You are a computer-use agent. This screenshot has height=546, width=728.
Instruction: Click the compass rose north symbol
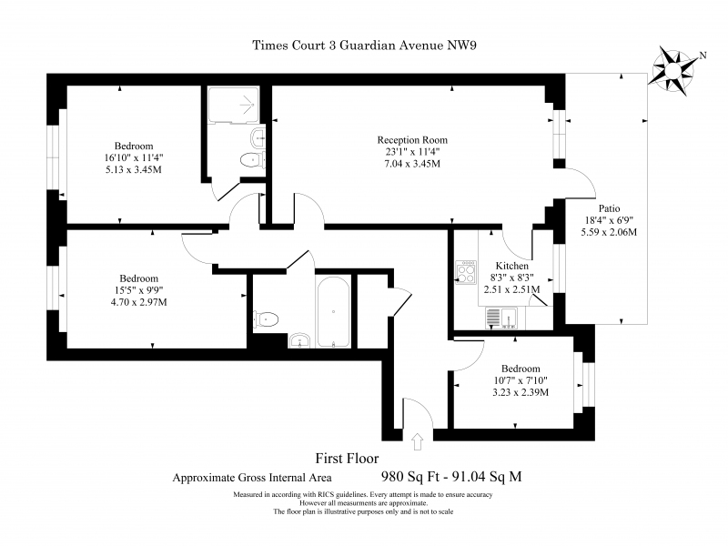point(672,71)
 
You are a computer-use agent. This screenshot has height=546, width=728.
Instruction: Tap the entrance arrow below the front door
point(418,441)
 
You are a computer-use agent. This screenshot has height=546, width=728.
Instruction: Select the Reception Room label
point(412,140)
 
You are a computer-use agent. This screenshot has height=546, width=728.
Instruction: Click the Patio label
point(609,208)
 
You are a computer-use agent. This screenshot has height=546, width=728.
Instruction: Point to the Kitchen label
point(512,266)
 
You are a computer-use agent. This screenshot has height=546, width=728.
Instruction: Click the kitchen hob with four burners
point(466,272)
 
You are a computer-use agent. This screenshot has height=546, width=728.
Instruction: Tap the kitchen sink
point(501,318)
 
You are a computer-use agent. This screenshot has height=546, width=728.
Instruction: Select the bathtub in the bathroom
point(333,312)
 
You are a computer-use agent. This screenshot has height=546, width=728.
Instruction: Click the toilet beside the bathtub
point(266,319)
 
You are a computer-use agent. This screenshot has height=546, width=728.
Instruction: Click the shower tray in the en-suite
point(233,105)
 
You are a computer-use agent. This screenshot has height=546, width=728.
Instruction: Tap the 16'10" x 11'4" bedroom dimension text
point(134,157)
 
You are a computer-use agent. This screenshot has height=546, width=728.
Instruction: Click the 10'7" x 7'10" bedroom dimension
point(521,380)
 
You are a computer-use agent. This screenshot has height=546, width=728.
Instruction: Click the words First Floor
point(347,459)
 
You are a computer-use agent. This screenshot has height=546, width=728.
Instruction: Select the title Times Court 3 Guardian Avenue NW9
point(365,45)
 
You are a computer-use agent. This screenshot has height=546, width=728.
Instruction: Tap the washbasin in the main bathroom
point(300,340)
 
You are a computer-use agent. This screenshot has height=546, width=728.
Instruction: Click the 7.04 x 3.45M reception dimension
point(412,164)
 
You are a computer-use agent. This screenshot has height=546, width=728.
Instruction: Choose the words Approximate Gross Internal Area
point(252,477)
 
